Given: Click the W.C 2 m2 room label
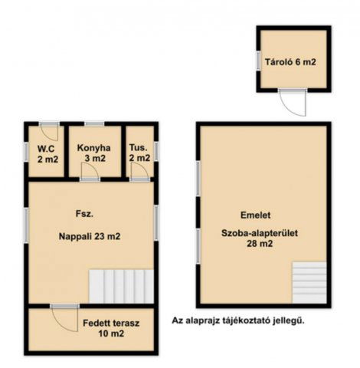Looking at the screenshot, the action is coord(47,154).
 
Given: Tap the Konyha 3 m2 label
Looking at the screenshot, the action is coord(94,153).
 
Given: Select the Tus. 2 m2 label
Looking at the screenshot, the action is coord(139,153).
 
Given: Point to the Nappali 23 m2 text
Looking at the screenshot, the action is coord(90,236).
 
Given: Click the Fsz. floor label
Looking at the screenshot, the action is coord(84,214).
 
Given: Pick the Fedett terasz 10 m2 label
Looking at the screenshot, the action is coord(111,328).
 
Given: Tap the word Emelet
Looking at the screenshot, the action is coord(256,215).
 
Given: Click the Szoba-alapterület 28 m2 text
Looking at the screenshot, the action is coord(260,238).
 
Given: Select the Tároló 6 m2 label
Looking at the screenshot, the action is coord(290,62).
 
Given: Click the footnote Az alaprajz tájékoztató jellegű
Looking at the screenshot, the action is coord(238,320).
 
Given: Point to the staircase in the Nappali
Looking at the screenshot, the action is coord(121,287).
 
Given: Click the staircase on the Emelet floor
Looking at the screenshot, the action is coord(309,282).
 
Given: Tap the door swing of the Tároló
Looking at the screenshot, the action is coord(293,103).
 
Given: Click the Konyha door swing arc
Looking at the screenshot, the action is coord(90,172).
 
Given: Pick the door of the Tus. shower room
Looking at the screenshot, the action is coord(139,172).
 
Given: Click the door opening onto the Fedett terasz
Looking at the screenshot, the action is coord(65,318).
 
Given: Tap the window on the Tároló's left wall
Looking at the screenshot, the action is coord(258,61).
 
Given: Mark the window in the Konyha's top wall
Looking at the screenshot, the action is coord(94,124).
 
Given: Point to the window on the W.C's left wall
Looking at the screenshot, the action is coord(26,152).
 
